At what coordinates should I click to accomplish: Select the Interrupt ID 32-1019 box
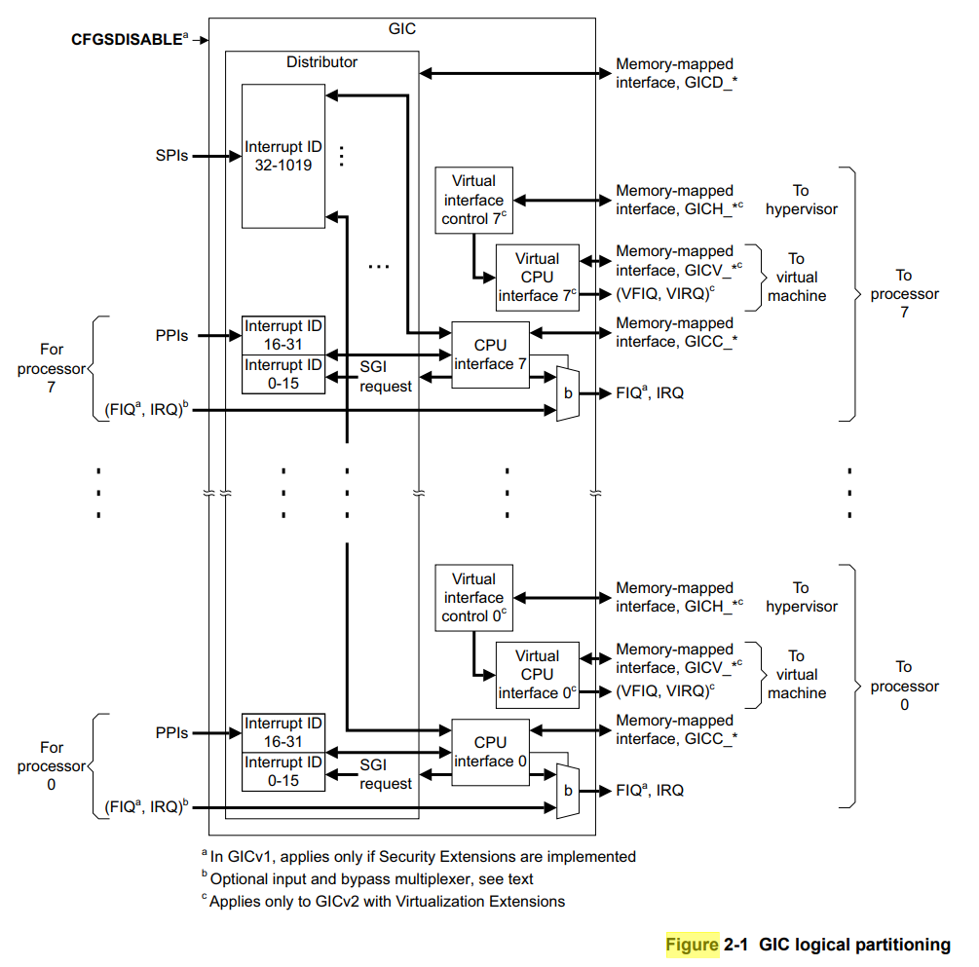pos(283,156)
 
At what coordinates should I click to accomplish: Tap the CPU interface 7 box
pos(490,354)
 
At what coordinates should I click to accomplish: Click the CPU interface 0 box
pos(490,752)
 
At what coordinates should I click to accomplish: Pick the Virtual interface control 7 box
pos(473,200)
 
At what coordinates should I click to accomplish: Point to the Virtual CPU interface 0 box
pos(538,675)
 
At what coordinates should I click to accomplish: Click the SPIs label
pos(171,156)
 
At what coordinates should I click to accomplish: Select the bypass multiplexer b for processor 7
pos(568,393)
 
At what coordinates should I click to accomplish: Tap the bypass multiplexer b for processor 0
pos(568,791)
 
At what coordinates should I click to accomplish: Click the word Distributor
pos(321,61)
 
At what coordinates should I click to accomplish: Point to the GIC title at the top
pos(402,28)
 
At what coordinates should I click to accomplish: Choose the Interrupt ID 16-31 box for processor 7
pos(283,335)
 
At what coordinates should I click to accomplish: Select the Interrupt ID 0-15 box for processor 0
pos(283,771)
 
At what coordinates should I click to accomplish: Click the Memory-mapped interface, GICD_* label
pos(676,73)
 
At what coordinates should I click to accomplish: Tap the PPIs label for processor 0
pos(171,733)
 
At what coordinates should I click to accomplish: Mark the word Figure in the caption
pos(693,945)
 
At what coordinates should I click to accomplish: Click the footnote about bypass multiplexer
pos(367,878)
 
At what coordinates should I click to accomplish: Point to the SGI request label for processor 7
pos(385,377)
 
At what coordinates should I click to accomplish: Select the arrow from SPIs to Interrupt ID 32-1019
pos(216,156)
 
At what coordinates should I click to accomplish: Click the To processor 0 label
pos(905,686)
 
